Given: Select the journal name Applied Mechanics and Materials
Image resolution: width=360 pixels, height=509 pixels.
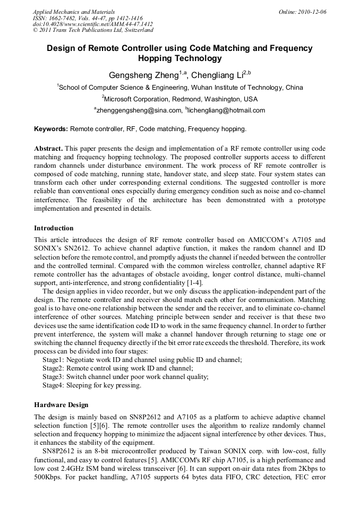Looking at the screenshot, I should pyautogui.click(x=74, y=11).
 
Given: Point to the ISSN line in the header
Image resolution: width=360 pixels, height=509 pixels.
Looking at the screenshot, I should pyautogui.click(x=88, y=18).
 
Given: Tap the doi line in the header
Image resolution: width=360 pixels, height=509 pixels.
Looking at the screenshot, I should pyautogui.click(x=93, y=24).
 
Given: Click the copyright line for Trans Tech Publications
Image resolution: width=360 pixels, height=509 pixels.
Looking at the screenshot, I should pyautogui.click(x=93, y=30).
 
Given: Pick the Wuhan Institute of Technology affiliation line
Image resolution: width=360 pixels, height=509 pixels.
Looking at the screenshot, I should pyautogui.click(x=181, y=87).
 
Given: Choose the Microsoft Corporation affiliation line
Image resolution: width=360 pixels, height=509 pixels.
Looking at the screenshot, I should pyautogui.click(x=180, y=99).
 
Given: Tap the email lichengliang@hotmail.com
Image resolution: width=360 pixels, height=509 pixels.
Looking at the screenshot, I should pyautogui.click(x=225, y=110).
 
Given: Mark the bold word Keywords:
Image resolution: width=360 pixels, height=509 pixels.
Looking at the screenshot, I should pyautogui.click(x=51, y=129).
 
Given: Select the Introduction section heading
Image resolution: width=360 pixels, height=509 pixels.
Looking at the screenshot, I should pyautogui.click(x=54, y=228).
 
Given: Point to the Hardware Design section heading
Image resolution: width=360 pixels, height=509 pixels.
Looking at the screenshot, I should pyautogui.click(x=61, y=404).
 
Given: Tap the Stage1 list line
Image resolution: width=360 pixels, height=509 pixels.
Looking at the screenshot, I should pyautogui.click(x=142, y=359).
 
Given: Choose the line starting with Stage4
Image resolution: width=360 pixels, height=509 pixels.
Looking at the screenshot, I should pyautogui.click(x=92, y=385).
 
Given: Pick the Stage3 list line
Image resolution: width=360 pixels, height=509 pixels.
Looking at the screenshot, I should pyautogui.click(x=125, y=377).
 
